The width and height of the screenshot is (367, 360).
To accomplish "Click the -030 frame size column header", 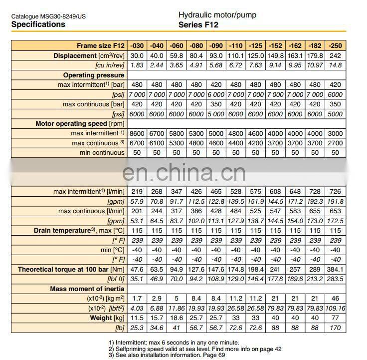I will click(137, 46).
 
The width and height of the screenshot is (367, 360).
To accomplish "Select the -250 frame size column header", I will click(336, 46).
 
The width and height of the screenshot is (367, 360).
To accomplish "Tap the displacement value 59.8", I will click(177, 56).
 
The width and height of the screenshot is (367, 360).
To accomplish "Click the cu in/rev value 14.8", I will click(336, 65).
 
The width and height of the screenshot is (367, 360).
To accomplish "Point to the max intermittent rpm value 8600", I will click(137, 133).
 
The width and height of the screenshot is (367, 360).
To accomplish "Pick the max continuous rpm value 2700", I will click(336, 143).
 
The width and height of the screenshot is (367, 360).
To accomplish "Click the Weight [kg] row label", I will click(107, 318).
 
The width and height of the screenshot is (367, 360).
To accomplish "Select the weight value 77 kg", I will click(336, 318).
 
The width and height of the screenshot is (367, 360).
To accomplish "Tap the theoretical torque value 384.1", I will click(336, 269).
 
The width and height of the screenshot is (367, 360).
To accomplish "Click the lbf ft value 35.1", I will click(137, 279).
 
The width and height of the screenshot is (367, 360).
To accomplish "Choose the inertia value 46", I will click(336, 298).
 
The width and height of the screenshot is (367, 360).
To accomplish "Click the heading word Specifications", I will click(38, 24).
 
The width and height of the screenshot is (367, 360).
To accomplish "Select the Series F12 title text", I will click(198, 24).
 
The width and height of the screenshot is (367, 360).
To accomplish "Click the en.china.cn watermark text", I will click(183, 173).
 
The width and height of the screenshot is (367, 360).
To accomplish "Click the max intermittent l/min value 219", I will click(137, 192).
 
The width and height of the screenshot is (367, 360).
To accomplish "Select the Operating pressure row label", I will click(94, 75).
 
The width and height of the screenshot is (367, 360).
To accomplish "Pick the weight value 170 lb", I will click(336, 327).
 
